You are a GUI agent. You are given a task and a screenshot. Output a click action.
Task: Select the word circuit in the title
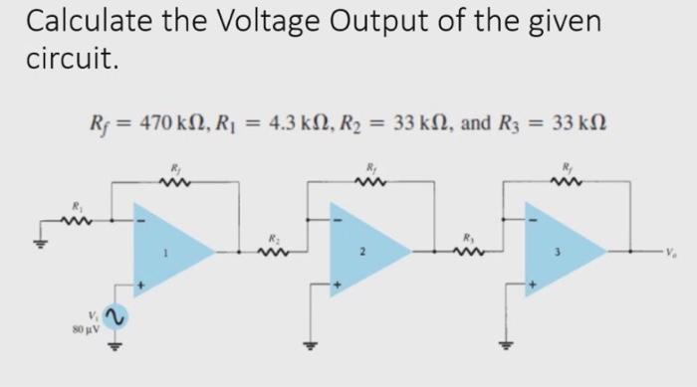[72, 62]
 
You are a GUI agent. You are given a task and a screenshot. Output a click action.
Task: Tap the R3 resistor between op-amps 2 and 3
[465, 251]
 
